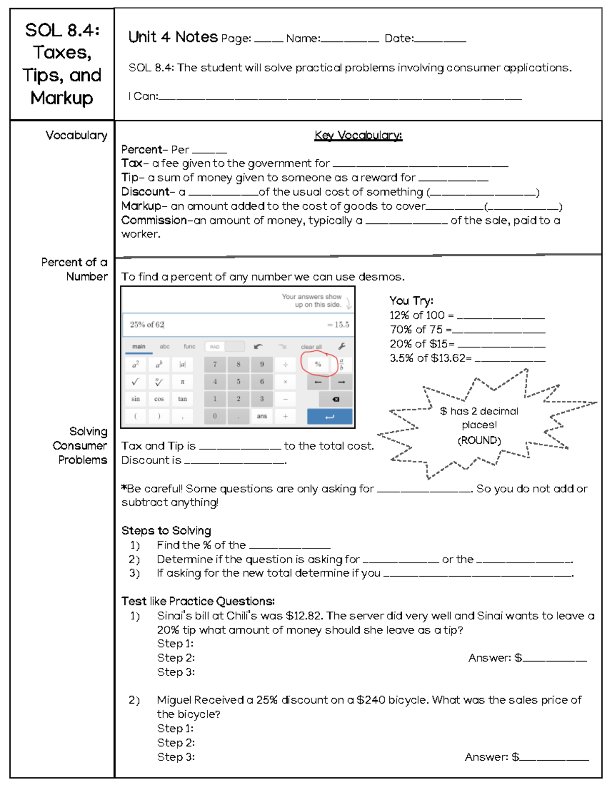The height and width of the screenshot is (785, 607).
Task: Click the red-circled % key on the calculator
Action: pos(318,364)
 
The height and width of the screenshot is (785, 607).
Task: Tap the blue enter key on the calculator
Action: pos(330,417)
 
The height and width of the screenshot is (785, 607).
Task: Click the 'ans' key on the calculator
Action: pos(262,417)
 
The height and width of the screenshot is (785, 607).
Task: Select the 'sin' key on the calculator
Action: pos(136,399)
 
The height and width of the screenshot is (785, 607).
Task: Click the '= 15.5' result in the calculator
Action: pos(338,325)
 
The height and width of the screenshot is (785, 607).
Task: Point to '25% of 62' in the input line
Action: pos(147,325)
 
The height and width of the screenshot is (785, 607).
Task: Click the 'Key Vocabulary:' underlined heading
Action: pos(358,135)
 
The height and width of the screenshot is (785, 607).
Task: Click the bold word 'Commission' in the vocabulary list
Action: pos(154,220)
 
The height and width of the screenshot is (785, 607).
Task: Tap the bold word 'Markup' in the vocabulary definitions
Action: pos(141,206)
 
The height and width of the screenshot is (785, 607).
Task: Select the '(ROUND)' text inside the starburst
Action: pos(479,440)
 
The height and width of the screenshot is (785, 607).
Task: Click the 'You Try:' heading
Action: pos(411,301)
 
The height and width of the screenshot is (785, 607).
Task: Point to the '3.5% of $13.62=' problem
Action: pos(430,358)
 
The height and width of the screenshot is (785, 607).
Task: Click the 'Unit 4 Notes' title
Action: pos(173,37)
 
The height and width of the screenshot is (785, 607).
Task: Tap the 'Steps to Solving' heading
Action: pos(166,531)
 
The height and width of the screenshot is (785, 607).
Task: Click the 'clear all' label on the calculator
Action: pos(311,347)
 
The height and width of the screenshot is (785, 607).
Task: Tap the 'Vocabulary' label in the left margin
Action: pos(76,135)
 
